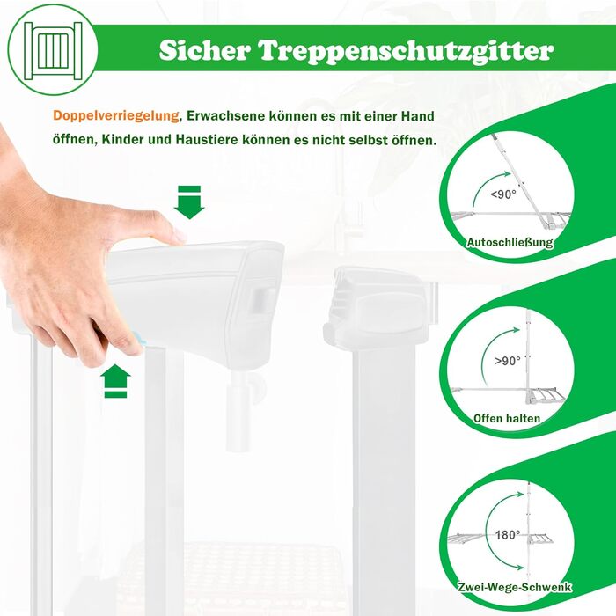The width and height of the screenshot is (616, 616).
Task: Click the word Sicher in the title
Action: [x=205, y=50]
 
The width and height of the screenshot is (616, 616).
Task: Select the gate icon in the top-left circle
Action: [x=53, y=51]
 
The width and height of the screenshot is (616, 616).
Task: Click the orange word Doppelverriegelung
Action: [x=116, y=115]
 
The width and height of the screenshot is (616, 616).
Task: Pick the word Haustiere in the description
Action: [x=207, y=139]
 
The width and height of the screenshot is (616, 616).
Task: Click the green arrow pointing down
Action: [x=189, y=202]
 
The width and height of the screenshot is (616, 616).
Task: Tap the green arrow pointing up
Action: [x=115, y=381]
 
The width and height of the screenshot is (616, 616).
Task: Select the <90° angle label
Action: [x=503, y=194]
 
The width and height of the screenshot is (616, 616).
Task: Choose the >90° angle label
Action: [x=508, y=360]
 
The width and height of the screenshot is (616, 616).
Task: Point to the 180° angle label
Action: [x=508, y=535]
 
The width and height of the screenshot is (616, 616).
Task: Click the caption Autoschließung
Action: [x=510, y=242]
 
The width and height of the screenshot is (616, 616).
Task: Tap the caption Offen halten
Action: [x=507, y=418]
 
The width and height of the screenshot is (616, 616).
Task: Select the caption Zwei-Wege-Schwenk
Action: [x=515, y=587]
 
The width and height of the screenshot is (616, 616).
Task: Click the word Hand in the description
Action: [x=418, y=116]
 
